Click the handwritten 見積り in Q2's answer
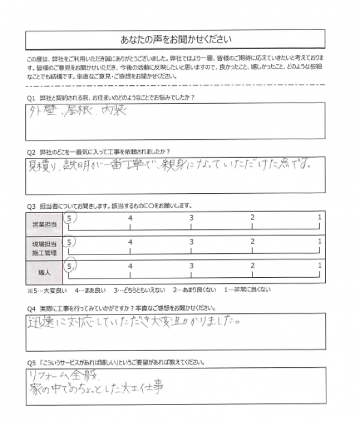[45, 164]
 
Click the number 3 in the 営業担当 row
[191, 217]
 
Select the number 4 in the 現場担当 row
[130, 241]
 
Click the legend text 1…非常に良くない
[247, 289]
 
